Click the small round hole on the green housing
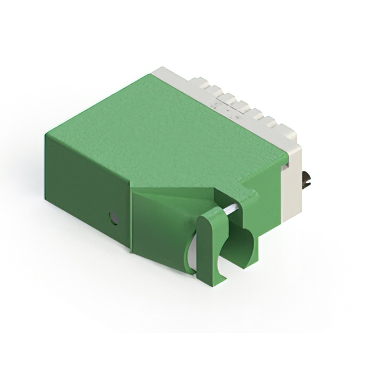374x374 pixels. point(113,219)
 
